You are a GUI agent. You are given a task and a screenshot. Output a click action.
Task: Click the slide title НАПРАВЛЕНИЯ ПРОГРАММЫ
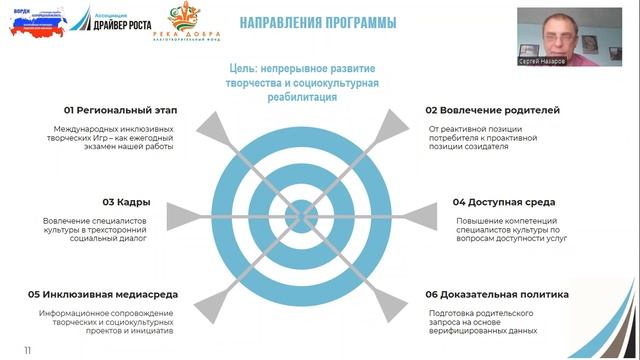pyautogui.click(x=318, y=23)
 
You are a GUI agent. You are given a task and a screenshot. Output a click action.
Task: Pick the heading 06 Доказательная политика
pyautogui.click(x=497, y=295)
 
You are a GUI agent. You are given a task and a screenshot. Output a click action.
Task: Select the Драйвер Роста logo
pyautogui.click(x=126, y=21)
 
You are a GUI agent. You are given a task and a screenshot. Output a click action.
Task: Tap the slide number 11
pyautogui.click(x=28, y=349)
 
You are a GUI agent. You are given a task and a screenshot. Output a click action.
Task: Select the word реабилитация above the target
pyautogui.click(x=302, y=98)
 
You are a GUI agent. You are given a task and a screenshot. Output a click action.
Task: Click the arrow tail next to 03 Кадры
pyautogui.click(x=172, y=214)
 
